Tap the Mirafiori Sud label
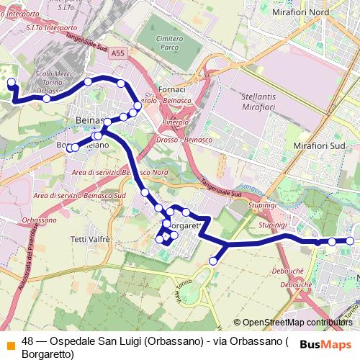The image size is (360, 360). (x=317, y=145)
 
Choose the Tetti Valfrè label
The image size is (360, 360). (x=89, y=238)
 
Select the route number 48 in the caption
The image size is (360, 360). (x=27, y=342)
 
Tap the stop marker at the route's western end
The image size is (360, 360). (x=11, y=84)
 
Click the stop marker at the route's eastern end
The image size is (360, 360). (x=350, y=241)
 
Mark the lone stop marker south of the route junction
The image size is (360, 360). (x=213, y=261)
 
